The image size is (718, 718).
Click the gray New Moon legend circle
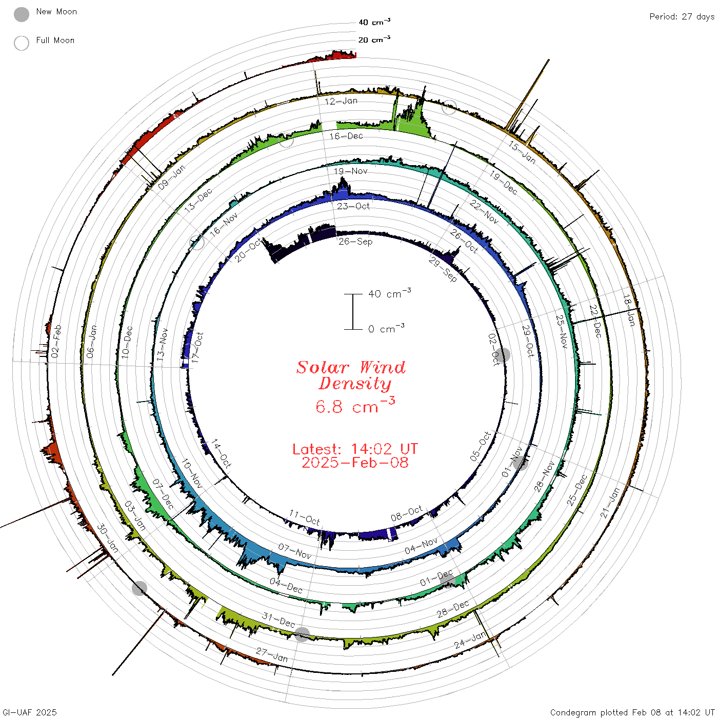tap(21, 14)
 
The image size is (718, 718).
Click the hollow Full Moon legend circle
tap(21, 43)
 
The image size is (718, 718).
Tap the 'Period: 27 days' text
tap(682, 17)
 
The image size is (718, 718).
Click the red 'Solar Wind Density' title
tap(351, 375)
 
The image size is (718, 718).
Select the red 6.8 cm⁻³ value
tap(355, 405)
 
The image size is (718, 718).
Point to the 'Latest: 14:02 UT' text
tap(355, 449)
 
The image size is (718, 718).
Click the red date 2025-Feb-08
tap(355, 463)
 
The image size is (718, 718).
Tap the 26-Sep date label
tap(355, 242)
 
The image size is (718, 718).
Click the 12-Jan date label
tap(341, 101)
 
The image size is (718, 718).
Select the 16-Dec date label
tap(346, 136)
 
